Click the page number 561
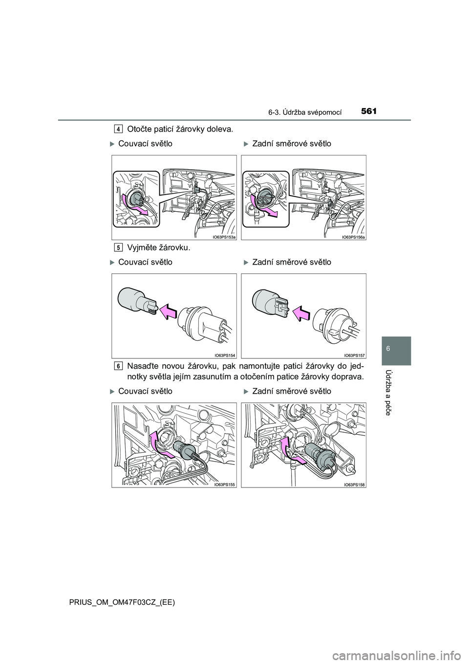point(369,111)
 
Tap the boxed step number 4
point(118,129)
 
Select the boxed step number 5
point(118,247)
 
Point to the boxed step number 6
point(118,366)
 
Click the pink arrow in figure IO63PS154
point(168,312)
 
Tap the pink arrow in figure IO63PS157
point(301,313)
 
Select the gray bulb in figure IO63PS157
point(270,301)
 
